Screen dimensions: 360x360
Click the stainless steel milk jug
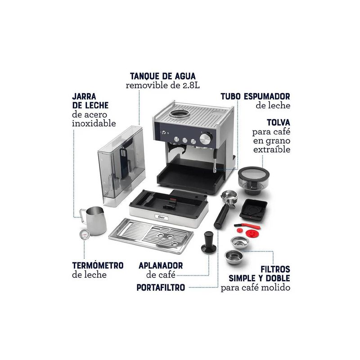point(94,220)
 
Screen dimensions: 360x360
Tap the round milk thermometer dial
point(84,234)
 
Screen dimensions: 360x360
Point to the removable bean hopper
point(253,180)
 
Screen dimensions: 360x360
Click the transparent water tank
point(121,165)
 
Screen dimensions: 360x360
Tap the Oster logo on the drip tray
point(162,217)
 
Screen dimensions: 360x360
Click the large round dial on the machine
point(205,138)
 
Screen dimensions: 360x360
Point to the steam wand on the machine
point(215,161)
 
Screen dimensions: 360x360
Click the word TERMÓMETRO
point(98,265)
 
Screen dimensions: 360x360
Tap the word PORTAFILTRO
point(161,287)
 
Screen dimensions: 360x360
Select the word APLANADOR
point(161,265)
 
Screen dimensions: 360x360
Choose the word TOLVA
point(278,122)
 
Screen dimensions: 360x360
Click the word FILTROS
point(275,269)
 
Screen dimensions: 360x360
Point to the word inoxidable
point(94,123)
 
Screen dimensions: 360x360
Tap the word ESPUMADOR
point(267,96)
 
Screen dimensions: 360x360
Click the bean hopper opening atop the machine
point(179,113)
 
